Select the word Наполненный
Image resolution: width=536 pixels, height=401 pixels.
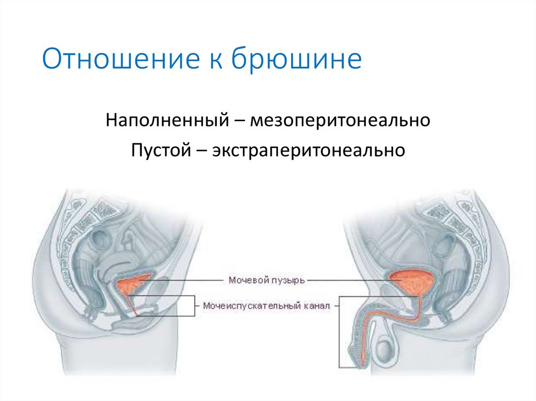165,121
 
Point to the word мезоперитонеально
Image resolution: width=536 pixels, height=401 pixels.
340,121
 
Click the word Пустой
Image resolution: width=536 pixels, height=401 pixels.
160,150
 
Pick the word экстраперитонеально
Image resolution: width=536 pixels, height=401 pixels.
308,150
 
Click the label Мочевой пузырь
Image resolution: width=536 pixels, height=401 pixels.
266,280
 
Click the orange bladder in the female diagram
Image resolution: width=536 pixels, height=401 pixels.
133,284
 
